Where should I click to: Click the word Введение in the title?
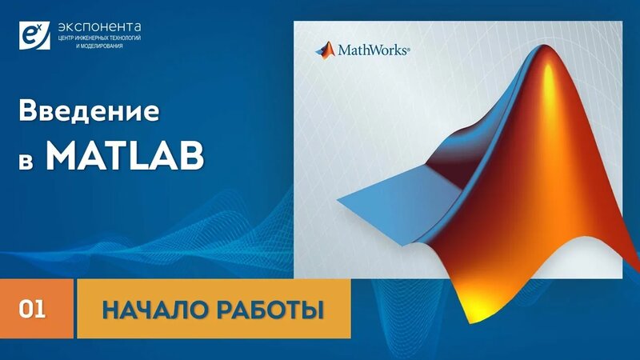pyautogui.click(x=89, y=112)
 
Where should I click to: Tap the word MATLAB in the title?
pyautogui.click(x=124, y=157)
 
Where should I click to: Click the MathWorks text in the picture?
pyautogui.click(x=372, y=50)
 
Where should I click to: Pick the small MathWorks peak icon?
pyautogui.click(x=326, y=49)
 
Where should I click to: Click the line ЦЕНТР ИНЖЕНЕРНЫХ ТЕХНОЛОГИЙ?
pyautogui.click(x=100, y=37)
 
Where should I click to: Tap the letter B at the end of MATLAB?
pyautogui.click(x=192, y=157)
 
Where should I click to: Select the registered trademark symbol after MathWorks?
pyautogui.click(x=409, y=49)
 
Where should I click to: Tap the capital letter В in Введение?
pyautogui.click(x=28, y=112)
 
